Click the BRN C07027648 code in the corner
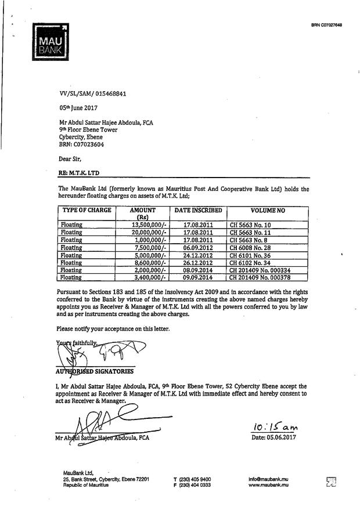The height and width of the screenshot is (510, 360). (x=327, y=25)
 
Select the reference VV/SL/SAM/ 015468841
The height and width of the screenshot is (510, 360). (x=93, y=93)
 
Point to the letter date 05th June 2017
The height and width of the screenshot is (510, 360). (x=79, y=107)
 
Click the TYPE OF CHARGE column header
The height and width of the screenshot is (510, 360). (x=87, y=210)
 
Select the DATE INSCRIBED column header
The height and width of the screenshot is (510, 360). (x=198, y=210)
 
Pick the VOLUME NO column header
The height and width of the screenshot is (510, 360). (x=268, y=210)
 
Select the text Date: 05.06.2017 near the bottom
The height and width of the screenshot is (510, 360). (x=273, y=437)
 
